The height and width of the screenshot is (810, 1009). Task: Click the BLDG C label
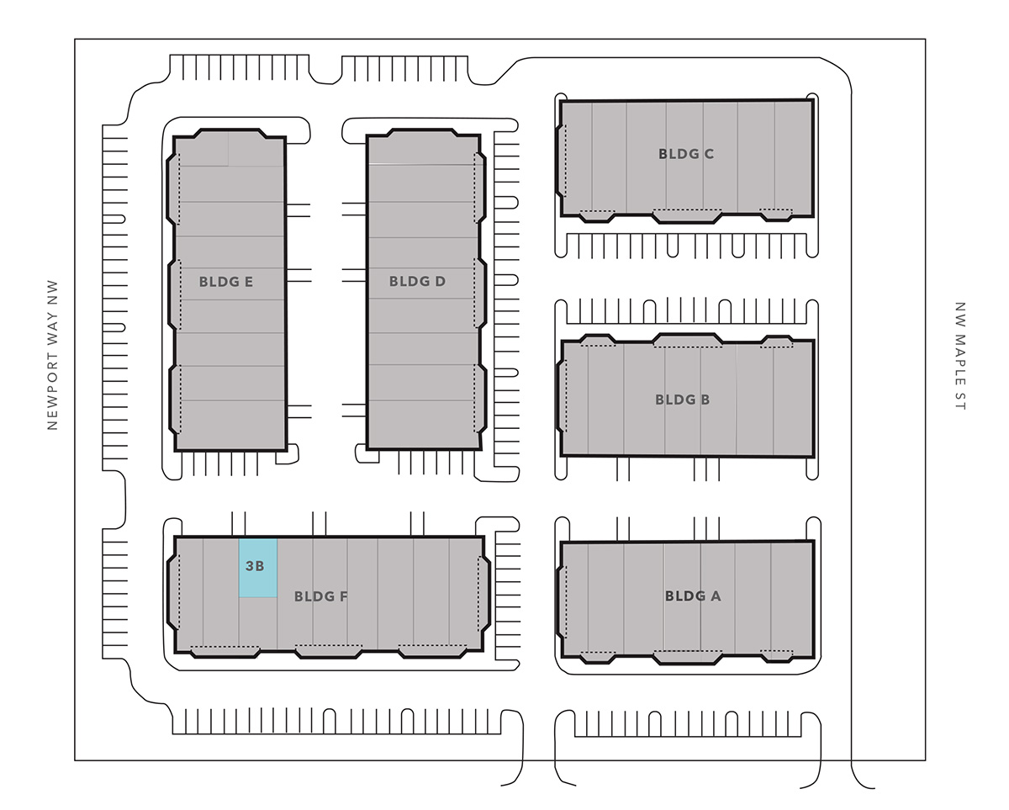pyautogui.click(x=686, y=154)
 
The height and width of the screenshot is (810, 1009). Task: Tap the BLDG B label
pyautogui.click(x=682, y=400)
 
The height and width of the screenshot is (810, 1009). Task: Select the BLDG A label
pyautogui.click(x=693, y=596)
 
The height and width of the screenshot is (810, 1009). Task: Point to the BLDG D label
pyautogui.click(x=417, y=282)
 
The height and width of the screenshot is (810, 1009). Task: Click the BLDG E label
pyautogui.click(x=226, y=282)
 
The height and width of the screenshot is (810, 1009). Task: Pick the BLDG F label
pyautogui.click(x=321, y=597)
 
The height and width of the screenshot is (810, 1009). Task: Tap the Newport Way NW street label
pyautogui.click(x=53, y=355)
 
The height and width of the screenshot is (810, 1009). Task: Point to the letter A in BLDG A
pyautogui.click(x=716, y=596)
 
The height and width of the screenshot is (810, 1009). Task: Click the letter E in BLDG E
pyautogui.click(x=248, y=282)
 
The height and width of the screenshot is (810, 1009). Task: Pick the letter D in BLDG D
pyautogui.click(x=440, y=282)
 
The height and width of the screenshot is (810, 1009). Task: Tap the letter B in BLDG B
pyautogui.click(x=705, y=400)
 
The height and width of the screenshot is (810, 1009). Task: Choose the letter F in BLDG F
pyautogui.click(x=343, y=597)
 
